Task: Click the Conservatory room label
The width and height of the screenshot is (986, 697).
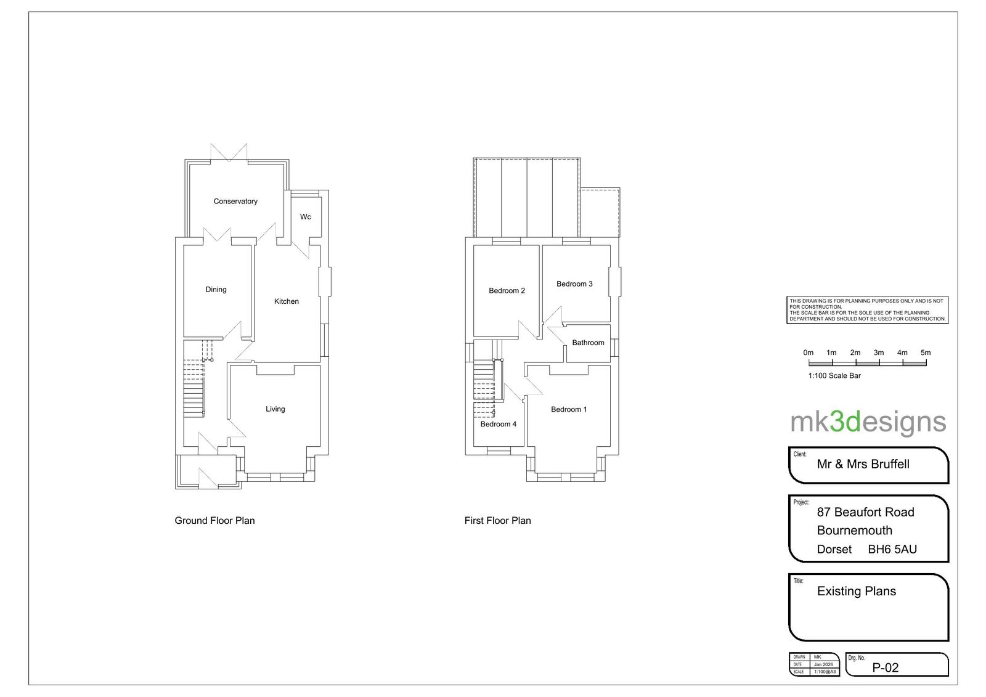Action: pyautogui.click(x=235, y=202)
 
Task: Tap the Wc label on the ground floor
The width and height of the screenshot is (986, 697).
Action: pyautogui.click(x=306, y=217)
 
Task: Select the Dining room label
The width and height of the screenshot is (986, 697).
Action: pyautogui.click(x=216, y=289)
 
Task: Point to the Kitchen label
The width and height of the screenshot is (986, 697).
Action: pyautogui.click(x=287, y=301)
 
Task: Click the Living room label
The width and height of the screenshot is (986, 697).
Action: pyautogui.click(x=275, y=409)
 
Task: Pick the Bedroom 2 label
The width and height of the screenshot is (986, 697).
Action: pyautogui.click(x=507, y=291)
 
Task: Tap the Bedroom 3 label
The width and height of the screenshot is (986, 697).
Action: pyautogui.click(x=574, y=284)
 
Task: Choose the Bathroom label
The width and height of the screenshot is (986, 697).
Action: pyautogui.click(x=588, y=343)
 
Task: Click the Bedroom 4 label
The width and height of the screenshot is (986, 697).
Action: pyautogui.click(x=499, y=424)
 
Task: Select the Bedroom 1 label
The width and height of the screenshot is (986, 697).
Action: pyautogui.click(x=569, y=409)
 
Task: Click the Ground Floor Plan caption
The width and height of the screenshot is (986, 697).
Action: pyautogui.click(x=215, y=520)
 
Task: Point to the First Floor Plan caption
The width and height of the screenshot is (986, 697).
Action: pyautogui.click(x=498, y=520)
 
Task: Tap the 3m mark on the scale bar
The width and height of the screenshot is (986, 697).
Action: pyautogui.click(x=879, y=353)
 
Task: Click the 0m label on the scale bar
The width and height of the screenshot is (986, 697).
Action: pyautogui.click(x=808, y=353)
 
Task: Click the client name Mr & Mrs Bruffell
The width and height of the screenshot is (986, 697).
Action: pyautogui.click(x=863, y=464)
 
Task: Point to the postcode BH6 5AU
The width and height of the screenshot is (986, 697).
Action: pyautogui.click(x=893, y=550)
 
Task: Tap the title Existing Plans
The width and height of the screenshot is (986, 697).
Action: pyautogui.click(x=857, y=591)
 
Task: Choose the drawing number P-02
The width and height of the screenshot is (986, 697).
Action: pyautogui.click(x=885, y=668)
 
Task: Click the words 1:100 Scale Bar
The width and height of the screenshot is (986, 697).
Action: pyautogui.click(x=834, y=375)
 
